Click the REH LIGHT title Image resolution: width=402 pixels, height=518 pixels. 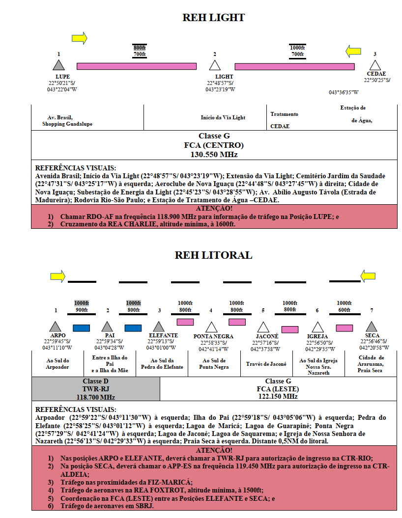214,18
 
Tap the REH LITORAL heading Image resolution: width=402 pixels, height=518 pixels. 214,255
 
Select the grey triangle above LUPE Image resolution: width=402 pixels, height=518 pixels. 58,65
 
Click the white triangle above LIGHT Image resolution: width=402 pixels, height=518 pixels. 215,65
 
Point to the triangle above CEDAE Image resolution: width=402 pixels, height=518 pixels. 375,65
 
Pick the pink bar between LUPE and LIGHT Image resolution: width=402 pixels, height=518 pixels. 137,66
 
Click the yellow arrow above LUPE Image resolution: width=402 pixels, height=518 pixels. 79,38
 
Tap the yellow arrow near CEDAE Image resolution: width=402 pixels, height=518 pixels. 353,51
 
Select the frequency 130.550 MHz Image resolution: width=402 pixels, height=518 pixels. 214,155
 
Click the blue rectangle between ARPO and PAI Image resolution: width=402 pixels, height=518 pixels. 81,328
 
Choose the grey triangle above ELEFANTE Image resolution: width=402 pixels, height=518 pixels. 159,327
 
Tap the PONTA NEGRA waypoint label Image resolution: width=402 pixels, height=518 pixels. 213,336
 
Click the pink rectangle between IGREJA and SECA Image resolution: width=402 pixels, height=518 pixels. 345,328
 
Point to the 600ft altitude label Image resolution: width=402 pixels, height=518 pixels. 344,310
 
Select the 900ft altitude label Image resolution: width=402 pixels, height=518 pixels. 82,310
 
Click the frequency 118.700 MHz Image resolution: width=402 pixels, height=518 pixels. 95,397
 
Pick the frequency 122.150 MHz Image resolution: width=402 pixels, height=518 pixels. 278,396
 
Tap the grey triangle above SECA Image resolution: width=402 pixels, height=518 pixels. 372,327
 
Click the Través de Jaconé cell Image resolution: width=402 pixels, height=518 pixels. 266,364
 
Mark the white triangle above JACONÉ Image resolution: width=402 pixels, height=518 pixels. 263,327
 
